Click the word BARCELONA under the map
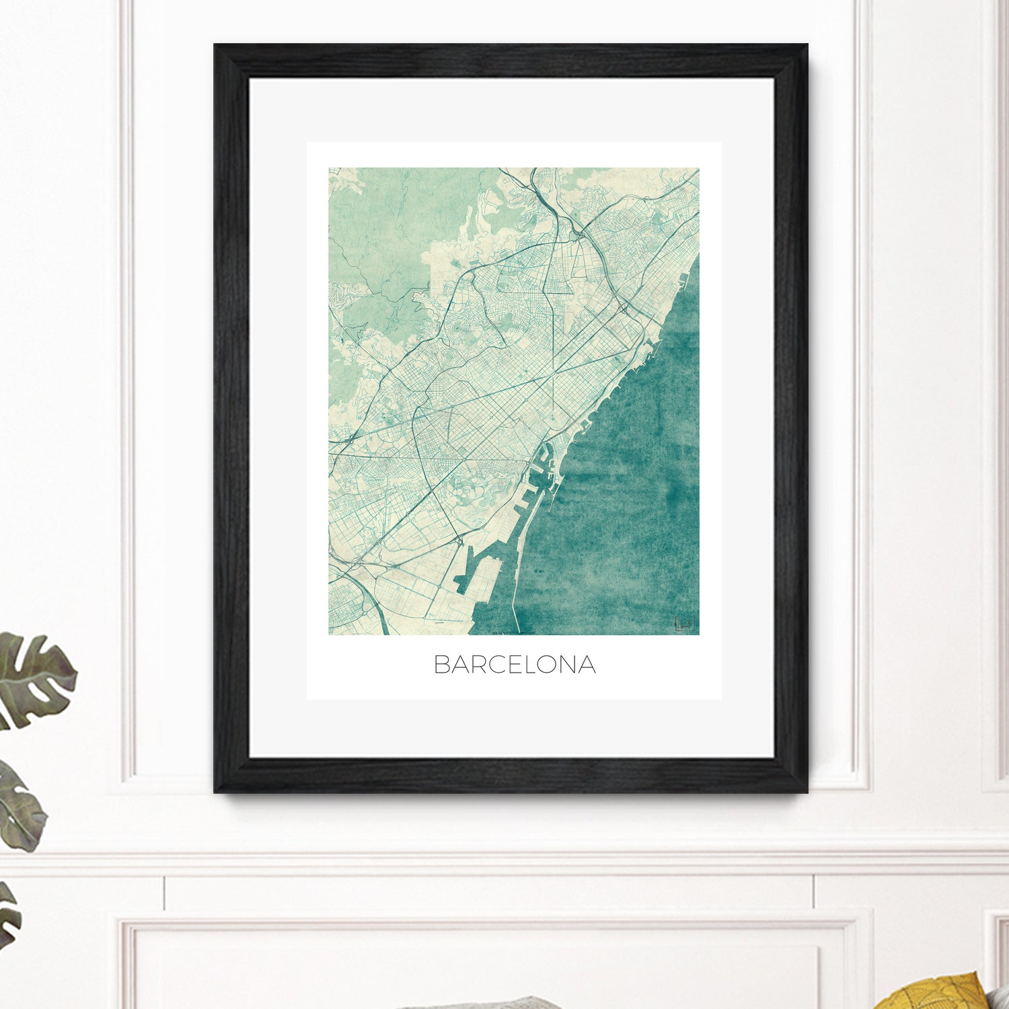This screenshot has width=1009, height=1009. coord(515,665)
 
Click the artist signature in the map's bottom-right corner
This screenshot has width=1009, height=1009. coord(683,624)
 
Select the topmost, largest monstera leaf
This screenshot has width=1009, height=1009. coord(34,679)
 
